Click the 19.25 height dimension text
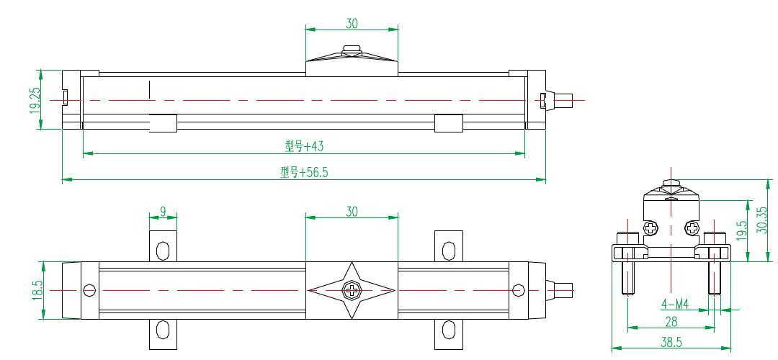click(x=34, y=99)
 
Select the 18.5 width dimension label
click(x=37, y=290)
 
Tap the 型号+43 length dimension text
click(x=304, y=146)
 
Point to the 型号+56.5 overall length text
click(x=304, y=172)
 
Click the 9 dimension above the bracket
click(x=163, y=212)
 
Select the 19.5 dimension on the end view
click(x=741, y=232)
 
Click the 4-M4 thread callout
click(x=675, y=305)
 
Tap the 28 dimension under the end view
click(x=671, y=321)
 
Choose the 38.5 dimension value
click(x=671, y=343)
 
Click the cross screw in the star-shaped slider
click(x=352, y=290)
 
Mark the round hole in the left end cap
click(x=89, y=290)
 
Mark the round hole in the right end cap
click(x=518, y=290)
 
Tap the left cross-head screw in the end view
click(x=651, y=228)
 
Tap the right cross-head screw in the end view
click(x=692, y=228)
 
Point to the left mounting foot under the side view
click(x=163, y=123)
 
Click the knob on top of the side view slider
click(x=352, y=50)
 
